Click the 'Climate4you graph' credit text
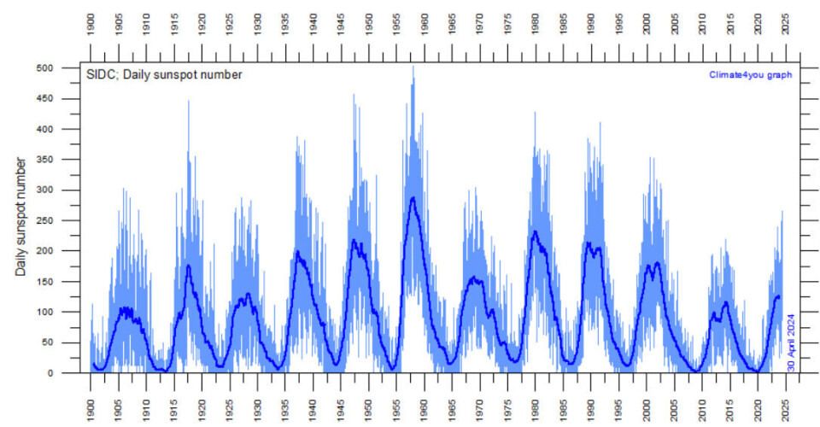pyautogui.click(x=750, y=74)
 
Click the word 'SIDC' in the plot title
pyautogui.click(x=98, y=74)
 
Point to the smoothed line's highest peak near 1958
pyautogui.click(x=413, y=198)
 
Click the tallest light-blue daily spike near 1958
pyautogui.click(x=413, y=67)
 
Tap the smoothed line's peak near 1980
pyautogui.click(x=535, y=231)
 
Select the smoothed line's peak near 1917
pyautogui.click(x=188, y=266)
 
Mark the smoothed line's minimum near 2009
pyautogui.click(x=696, y=371)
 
